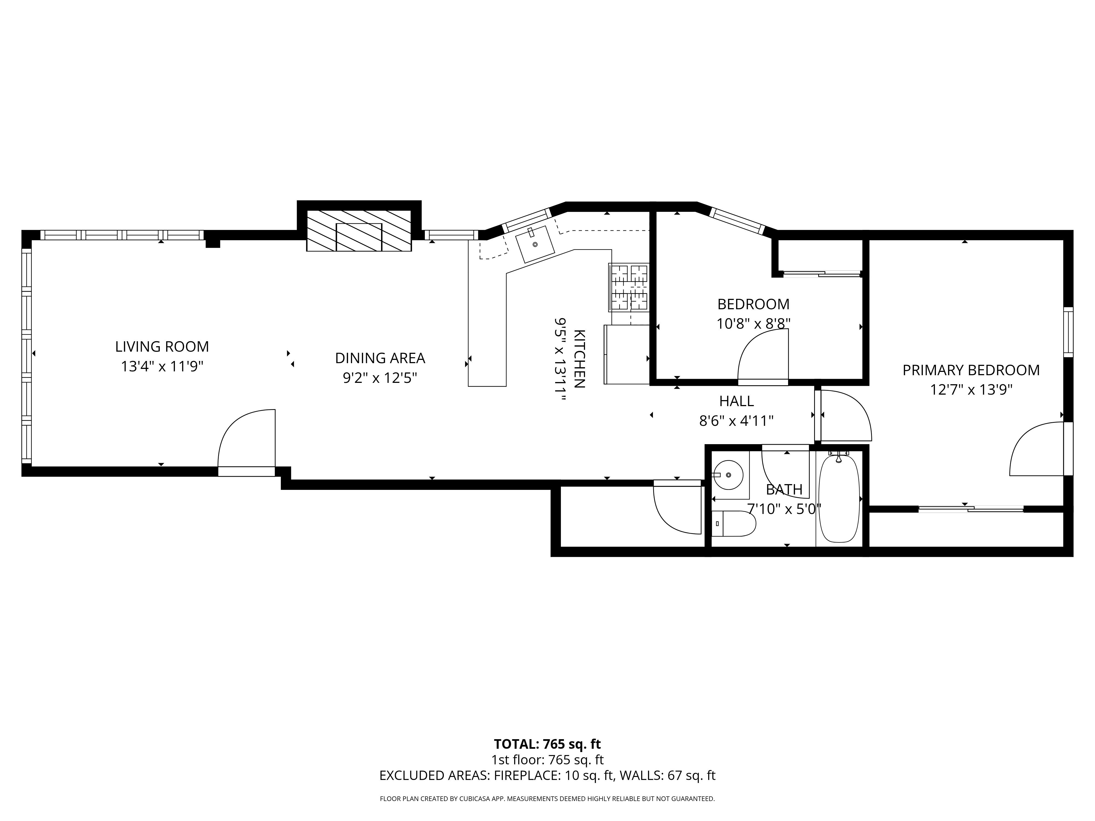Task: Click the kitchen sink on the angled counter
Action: (535, 244)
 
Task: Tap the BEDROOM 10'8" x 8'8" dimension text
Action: (753, 324)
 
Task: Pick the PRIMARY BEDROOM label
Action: (971, 370)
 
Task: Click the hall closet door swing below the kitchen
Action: (677, 510)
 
